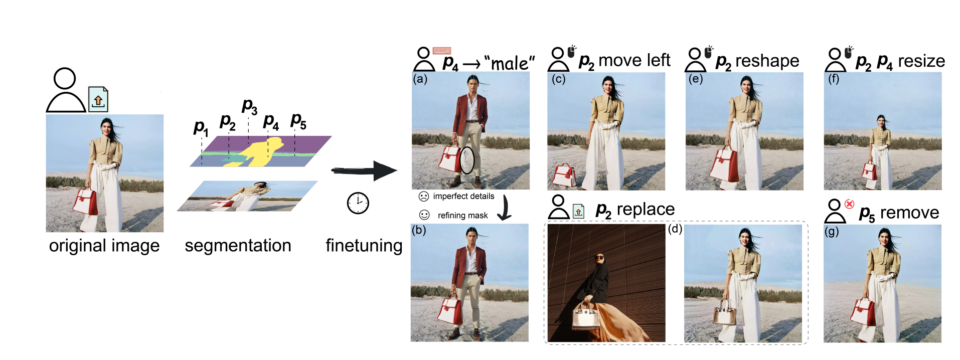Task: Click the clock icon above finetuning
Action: [358, 203]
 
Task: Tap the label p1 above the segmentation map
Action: [201, 127]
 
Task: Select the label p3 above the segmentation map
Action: [249, 106]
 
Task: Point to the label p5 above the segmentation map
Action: [298, 121]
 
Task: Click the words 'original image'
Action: [104, 246]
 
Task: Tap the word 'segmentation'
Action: [238, 246]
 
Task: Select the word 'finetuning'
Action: [364, 246]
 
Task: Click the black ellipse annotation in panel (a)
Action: [467, 160]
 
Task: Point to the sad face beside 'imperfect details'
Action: [424, 196]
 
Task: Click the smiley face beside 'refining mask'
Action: [424, 215]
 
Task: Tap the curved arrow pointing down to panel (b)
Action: [504, 208]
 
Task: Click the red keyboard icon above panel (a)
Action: [442, 50]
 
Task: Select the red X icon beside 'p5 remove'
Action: [849, 204]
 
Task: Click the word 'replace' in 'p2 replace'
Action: [646, 209]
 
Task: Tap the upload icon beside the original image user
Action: [98, 99]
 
